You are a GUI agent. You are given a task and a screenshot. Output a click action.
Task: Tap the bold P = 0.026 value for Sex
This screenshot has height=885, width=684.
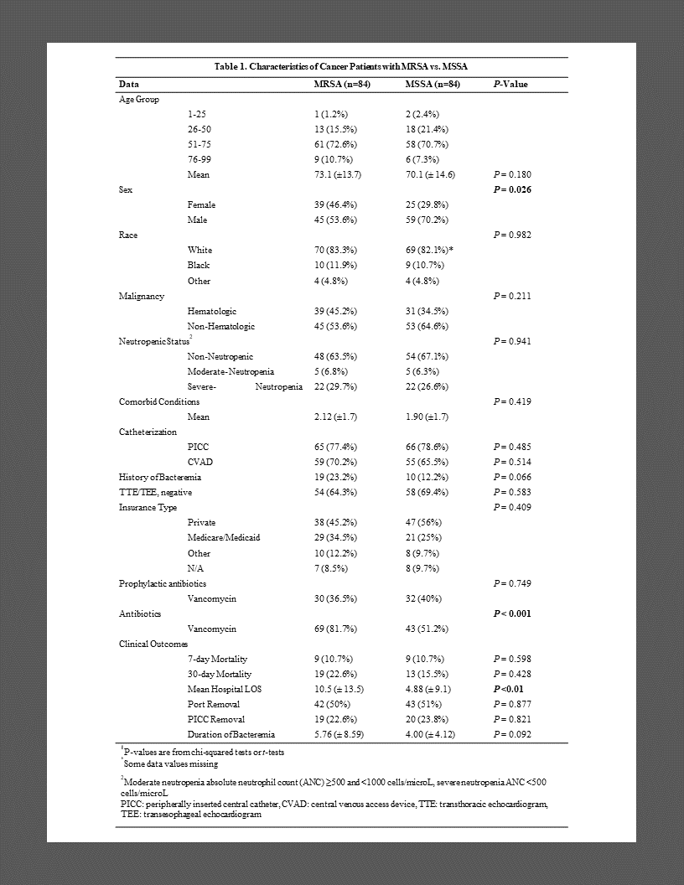[x=512, y=189]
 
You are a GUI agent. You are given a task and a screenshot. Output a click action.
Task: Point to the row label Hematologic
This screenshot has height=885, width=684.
[x=212, y=311]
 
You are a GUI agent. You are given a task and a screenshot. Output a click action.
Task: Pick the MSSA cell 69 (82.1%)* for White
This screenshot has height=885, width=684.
[x=430, y=250]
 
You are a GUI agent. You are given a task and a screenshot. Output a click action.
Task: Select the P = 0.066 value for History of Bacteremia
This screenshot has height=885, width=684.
[x=512, y=477]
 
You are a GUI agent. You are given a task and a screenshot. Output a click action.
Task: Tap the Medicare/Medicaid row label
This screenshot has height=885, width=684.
[x=224, y=537]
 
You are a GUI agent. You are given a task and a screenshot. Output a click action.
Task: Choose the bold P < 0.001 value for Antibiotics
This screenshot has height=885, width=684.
[x=512, y=613]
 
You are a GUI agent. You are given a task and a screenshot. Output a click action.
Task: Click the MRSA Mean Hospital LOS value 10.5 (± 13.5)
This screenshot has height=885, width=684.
[x=338, y=689]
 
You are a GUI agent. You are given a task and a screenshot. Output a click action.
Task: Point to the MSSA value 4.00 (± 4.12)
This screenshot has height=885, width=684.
[x=429, y=734]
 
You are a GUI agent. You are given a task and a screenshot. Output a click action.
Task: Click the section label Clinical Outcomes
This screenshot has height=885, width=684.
[x=153, y=644]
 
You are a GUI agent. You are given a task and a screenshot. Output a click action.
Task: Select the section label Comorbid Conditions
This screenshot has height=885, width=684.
[x=159, y=401]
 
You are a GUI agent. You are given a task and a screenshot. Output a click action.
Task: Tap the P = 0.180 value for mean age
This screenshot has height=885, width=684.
[x=512, y=174]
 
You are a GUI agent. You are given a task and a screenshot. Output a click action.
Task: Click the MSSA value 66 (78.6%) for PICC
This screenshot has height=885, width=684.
[x=427, y=447]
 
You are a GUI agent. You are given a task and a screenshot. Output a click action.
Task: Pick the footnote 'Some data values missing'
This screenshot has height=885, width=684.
[x=170, y=763]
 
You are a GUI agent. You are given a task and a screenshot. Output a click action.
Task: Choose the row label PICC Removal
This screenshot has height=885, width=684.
[x=216, y=719]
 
